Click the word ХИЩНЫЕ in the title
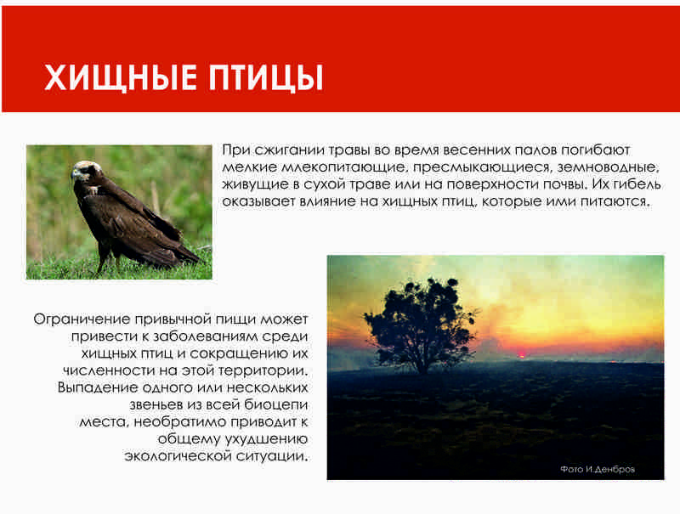click(120, 78)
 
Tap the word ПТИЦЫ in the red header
click(265, 78)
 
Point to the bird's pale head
click(86, 170)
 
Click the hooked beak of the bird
click(75, 175)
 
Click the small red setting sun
click(521, 356)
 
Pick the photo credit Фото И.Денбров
click(598, 469)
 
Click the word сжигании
click(290, 151)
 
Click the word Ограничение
click(82, 319)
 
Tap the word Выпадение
click(98, 387)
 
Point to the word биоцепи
click(276, 404)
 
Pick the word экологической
click(178, 456)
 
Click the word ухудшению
click(266, 439)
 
